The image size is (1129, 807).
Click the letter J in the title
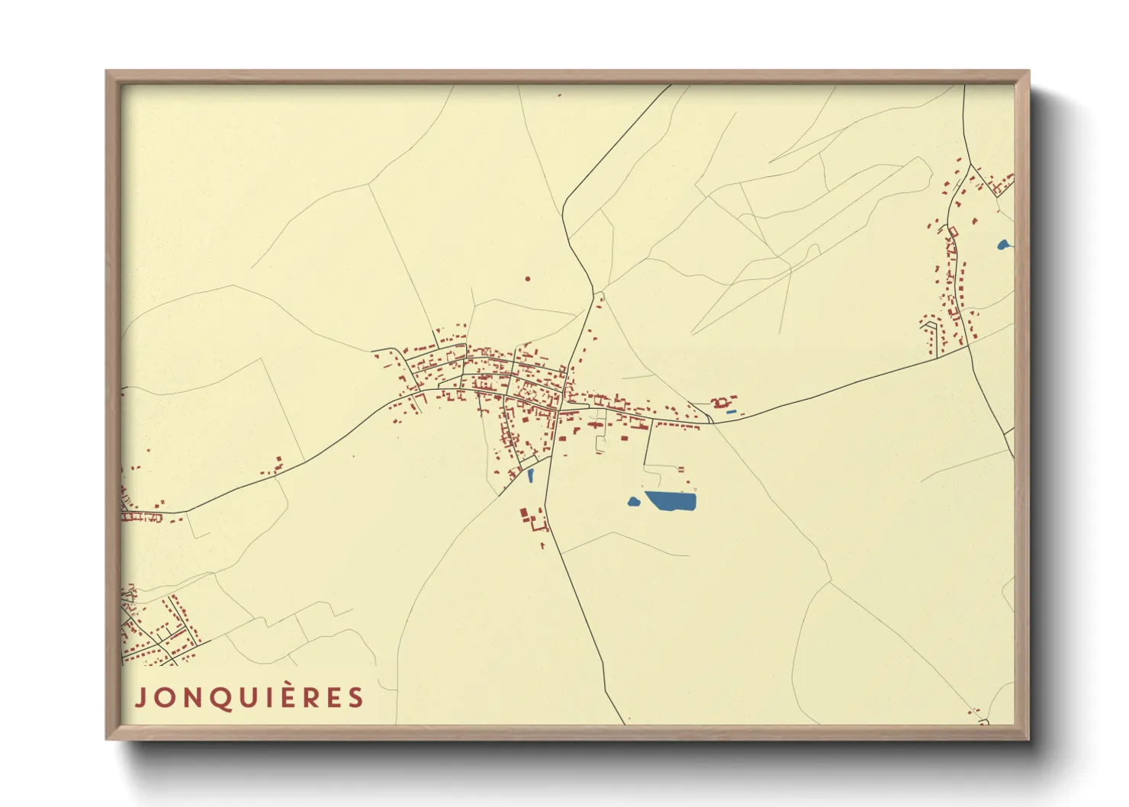tap(140, 697)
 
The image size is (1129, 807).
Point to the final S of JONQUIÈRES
tap(356, 697)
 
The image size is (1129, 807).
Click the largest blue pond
tap(671, 501)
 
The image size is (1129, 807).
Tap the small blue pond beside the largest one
tap(633, 501)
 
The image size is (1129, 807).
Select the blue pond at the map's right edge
tap(1003, 245)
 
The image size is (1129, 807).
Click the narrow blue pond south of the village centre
tap(530, 475)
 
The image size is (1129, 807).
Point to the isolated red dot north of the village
tap(527, 278)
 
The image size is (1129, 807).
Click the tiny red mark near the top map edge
tap(559, 95)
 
